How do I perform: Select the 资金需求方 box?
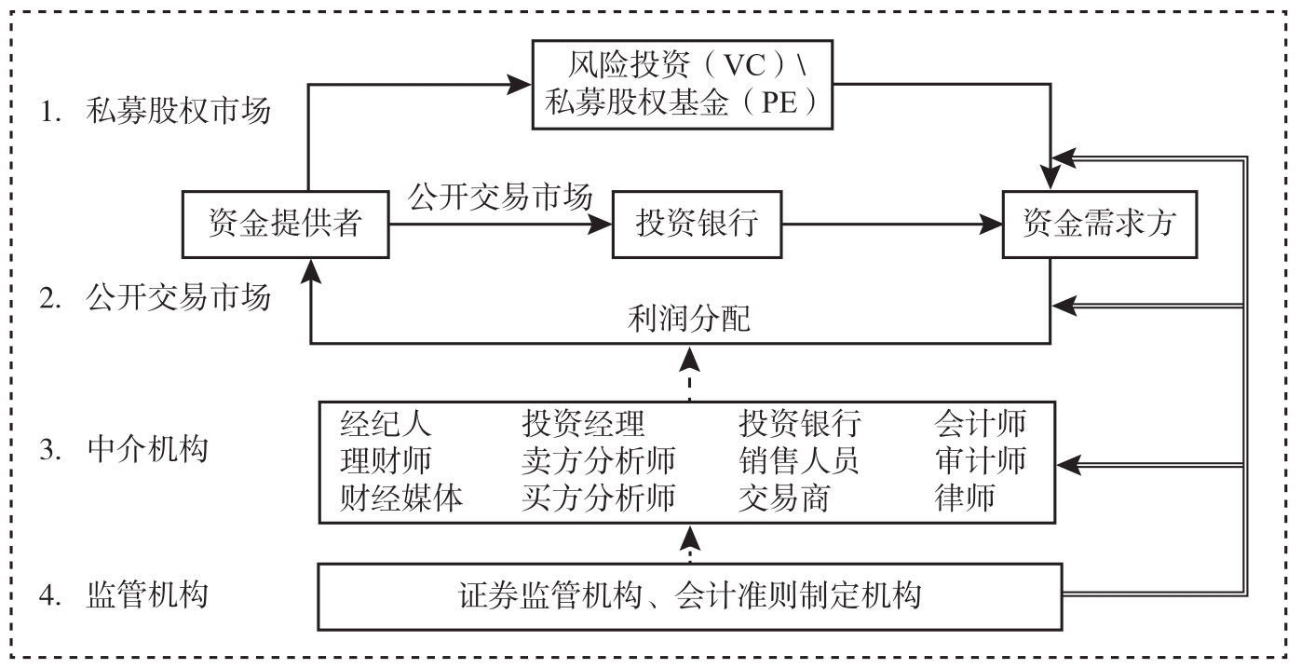point(1099,225)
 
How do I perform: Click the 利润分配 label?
point(690,320)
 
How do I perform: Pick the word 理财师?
point(388,460)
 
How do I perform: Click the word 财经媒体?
point(403,498)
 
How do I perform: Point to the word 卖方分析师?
point(599,460)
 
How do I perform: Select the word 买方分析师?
point(599,498)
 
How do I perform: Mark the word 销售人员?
point(799,460)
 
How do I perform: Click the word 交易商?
point(784,498)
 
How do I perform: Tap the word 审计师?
point(980,460)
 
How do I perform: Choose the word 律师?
point(965,498)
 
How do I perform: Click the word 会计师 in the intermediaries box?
point(980,424)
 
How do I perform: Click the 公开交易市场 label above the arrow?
point(499,197)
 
